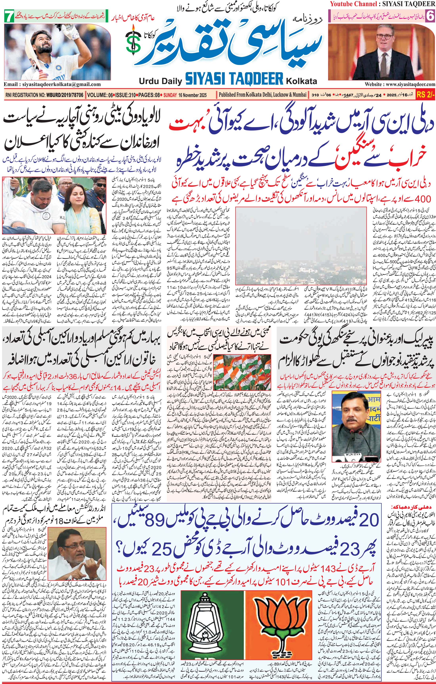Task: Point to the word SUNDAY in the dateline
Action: (x=170, y=95)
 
